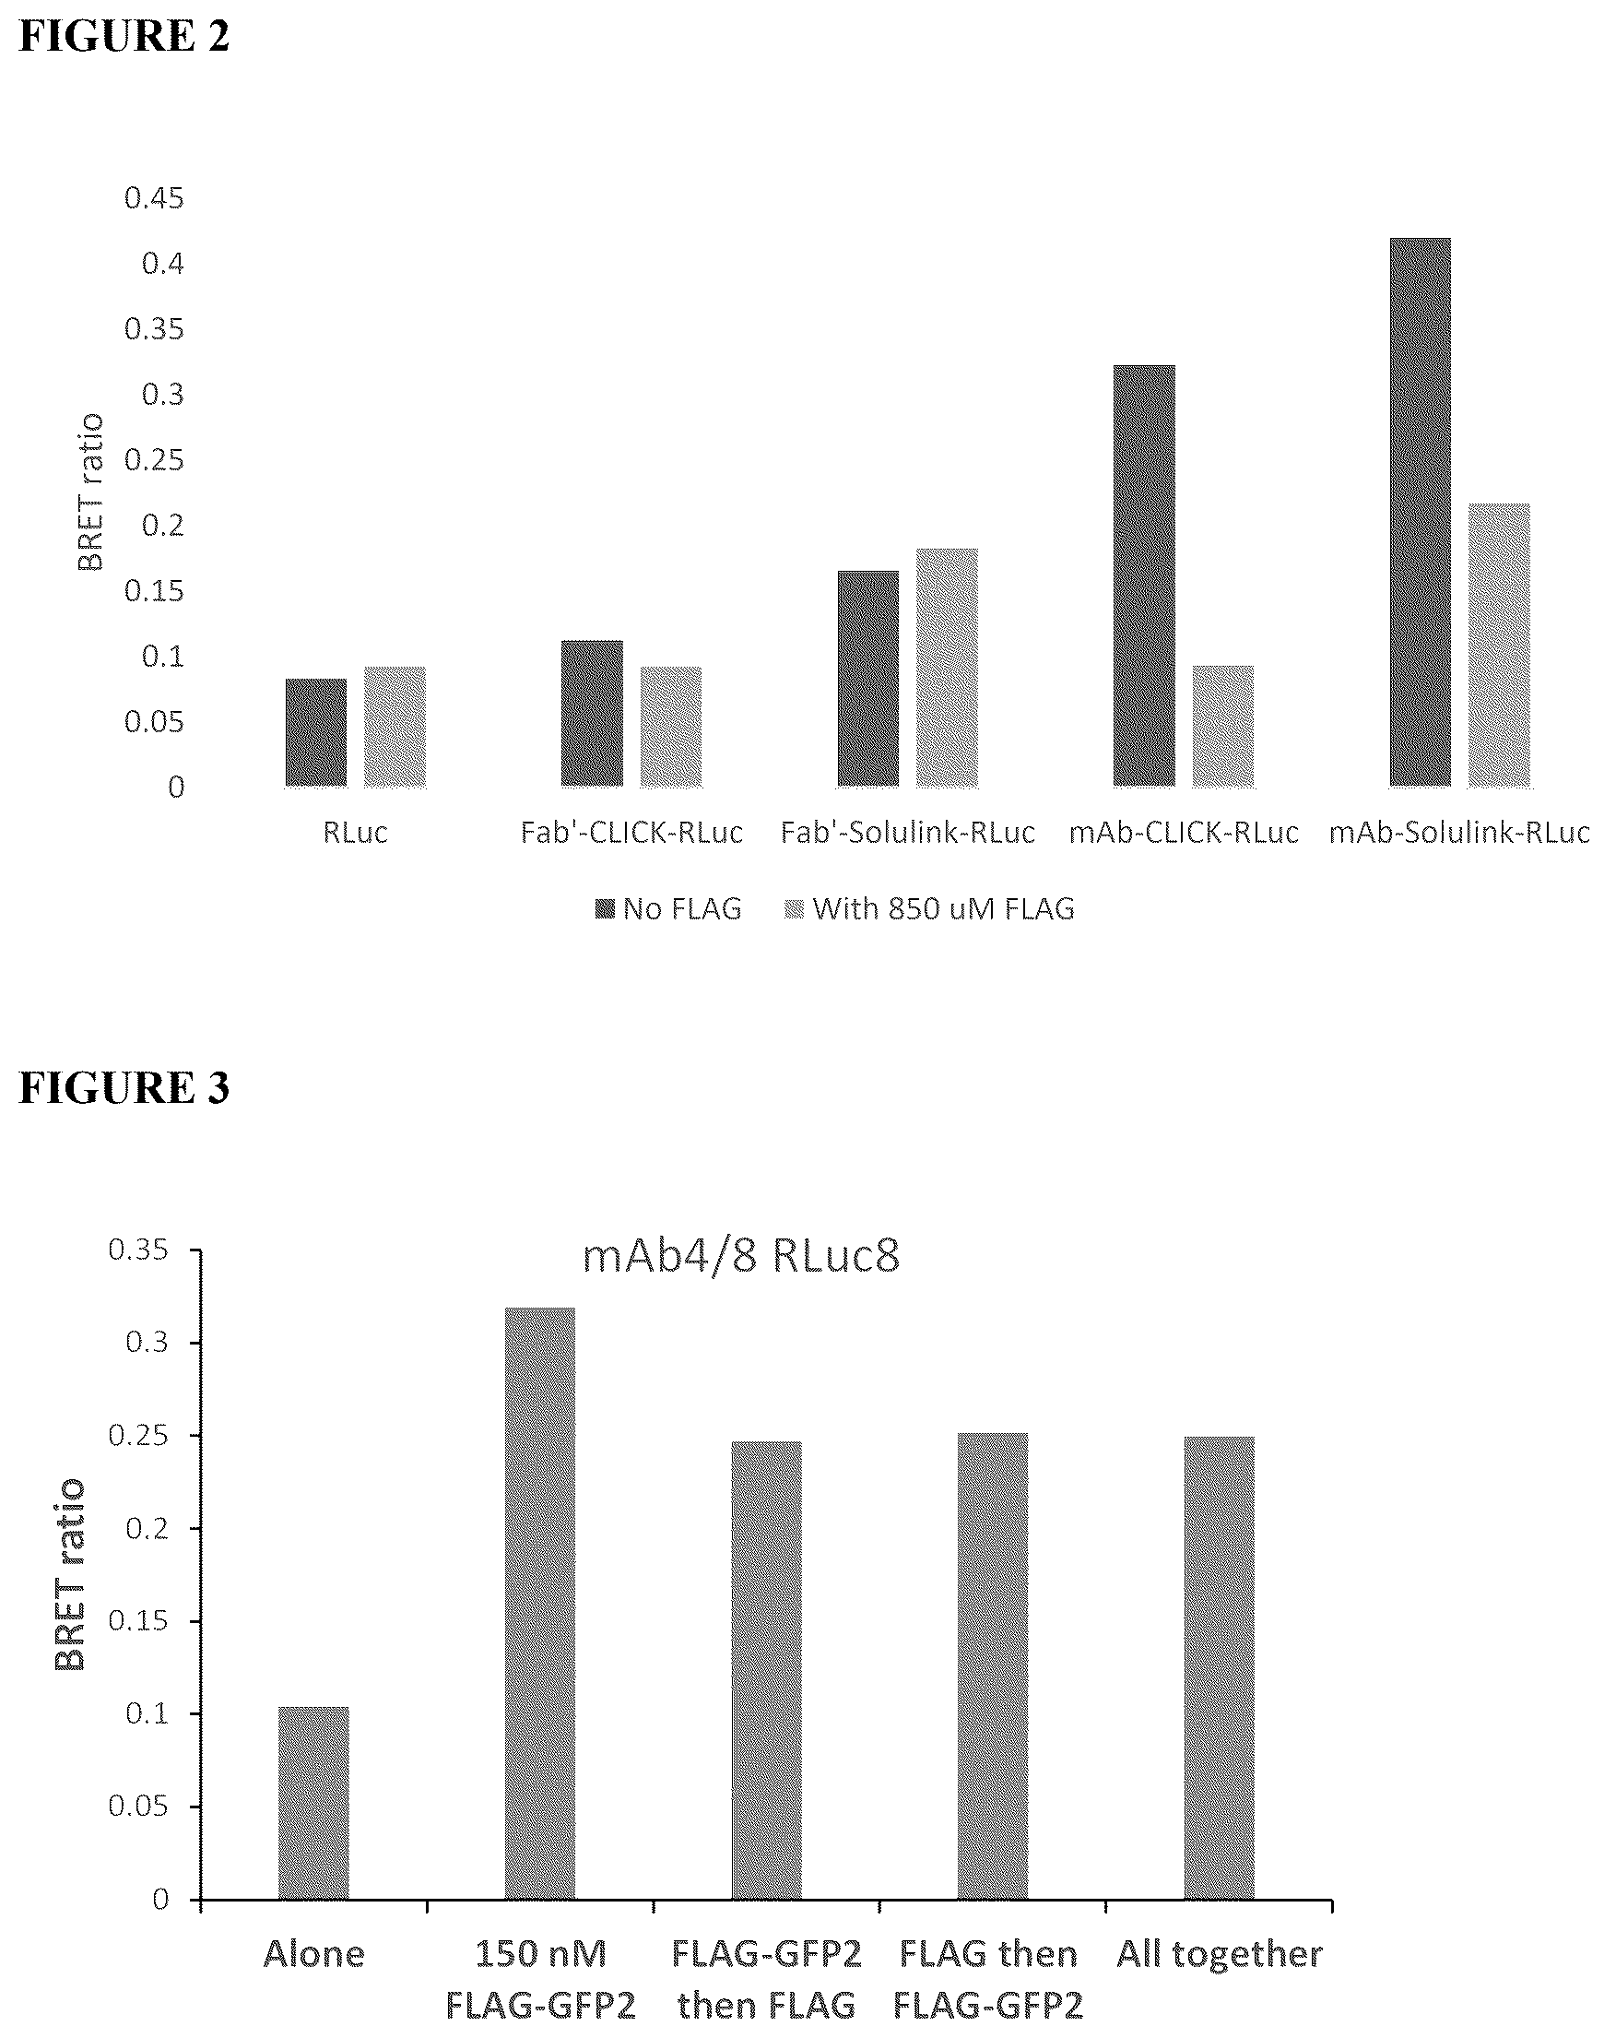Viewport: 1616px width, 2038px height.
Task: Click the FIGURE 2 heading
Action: pyautogui.click(x=124, y=36)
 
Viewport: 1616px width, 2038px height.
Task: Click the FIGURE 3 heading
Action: pyautogui.click(x=124, y=1087)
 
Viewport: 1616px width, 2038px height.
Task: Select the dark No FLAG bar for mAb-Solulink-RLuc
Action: pyautogui.click(x=1420, y=512)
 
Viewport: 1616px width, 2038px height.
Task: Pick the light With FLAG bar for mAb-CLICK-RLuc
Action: pyautogui.click(x=1223, y=726)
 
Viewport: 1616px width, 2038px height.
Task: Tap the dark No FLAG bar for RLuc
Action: pyautogui.click(x=315, y=732)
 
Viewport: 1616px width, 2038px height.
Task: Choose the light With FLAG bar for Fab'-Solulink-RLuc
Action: pyautogui.click(x=947, y=668)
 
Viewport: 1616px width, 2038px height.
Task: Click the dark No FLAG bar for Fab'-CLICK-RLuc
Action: pyautogui.click(x=592, y=714)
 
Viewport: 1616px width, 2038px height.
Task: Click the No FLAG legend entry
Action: pyautogui.click(x=668, y=908)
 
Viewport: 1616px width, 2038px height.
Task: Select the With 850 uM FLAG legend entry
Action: pyautogui.click(x=930, y=908)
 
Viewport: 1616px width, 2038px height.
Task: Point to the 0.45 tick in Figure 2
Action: pyautogui.click(x=154, y=198)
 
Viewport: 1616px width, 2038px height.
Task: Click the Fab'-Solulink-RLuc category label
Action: pyautogui.click(x=907, y=832)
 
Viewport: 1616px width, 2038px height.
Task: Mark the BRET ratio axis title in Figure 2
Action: pyautogui.click(x=89, y=492)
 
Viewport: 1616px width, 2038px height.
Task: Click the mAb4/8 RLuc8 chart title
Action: pyautogui.click(x=741, y=1256)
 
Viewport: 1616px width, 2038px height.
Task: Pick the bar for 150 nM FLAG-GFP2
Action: pyautogui.click(x=539, y=1603)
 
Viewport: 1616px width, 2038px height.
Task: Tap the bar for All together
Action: pyautogui.click(x=1219, y=1668)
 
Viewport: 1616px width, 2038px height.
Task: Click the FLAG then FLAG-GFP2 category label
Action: pyautogui.click(x=988, y=1978)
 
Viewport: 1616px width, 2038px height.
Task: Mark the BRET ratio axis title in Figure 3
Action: pyautogui.click(x=69, y=1575)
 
